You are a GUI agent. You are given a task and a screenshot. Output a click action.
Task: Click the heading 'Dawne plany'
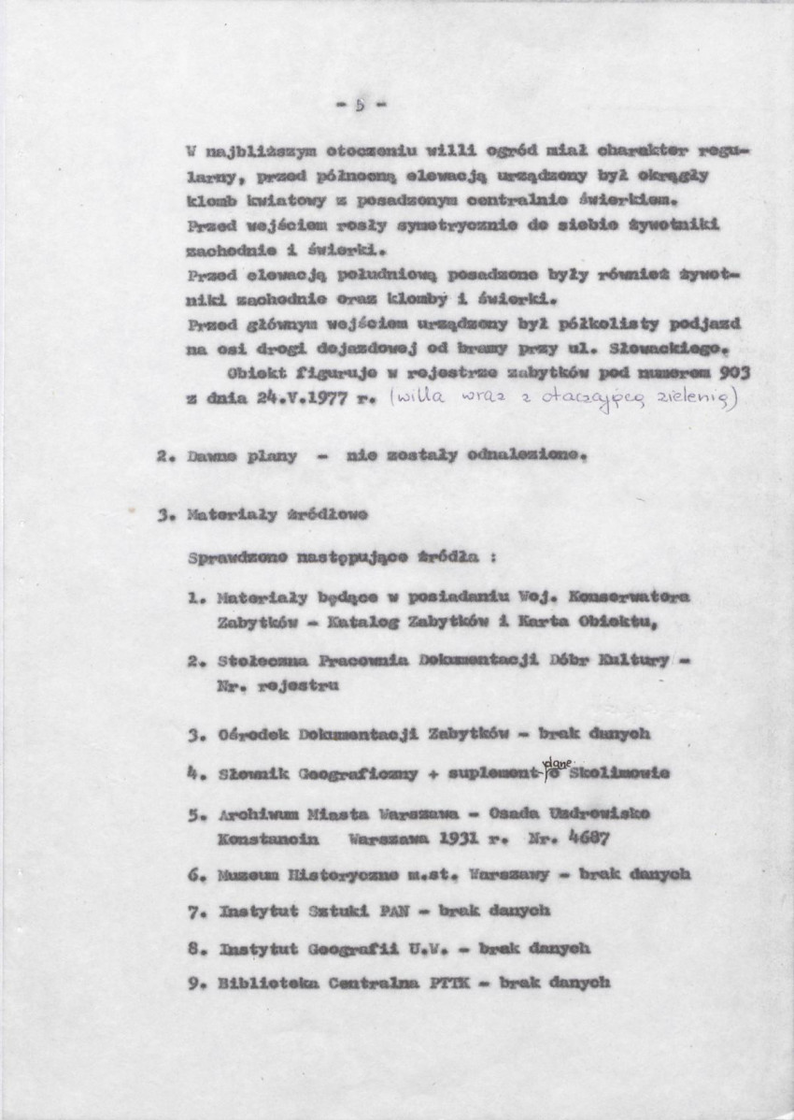(x=241, y=457)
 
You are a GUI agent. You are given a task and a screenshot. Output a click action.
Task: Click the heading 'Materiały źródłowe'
(x=276, y=514)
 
